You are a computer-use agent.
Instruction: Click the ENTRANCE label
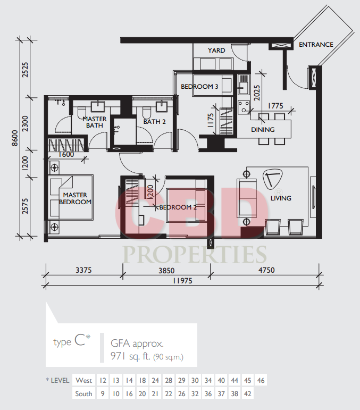(x=316, y=45)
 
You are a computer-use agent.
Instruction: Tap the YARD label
(x=216, y=50)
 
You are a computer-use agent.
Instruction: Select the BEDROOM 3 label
(x=199, y=87)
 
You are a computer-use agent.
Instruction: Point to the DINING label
(x=263, y=130)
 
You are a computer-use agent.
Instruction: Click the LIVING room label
(x=281, y=198)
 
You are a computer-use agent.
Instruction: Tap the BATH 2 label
(x=154, y=122)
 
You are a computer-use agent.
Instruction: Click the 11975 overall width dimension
(x=182, y=281)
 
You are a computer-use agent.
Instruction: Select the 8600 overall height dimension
(x=15, y=138)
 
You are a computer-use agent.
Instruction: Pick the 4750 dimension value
(x=266, y=270)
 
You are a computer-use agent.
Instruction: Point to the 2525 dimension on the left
(x=25, y=70)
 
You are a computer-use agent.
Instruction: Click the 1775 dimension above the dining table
(x=275, y=106)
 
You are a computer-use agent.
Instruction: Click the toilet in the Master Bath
(x=82, y=112)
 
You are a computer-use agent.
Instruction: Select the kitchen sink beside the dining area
(x=244, y=84)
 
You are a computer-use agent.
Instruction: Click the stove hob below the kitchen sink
(x=244, y=107)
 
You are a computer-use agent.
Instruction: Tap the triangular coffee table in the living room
(x=273, y=179)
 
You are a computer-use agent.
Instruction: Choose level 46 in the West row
(x=261, y=380)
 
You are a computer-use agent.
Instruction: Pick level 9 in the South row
(x=103, y=394)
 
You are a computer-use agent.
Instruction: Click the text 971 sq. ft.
(x=130, y=356)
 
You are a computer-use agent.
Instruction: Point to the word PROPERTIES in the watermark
(x=195, y=254)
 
